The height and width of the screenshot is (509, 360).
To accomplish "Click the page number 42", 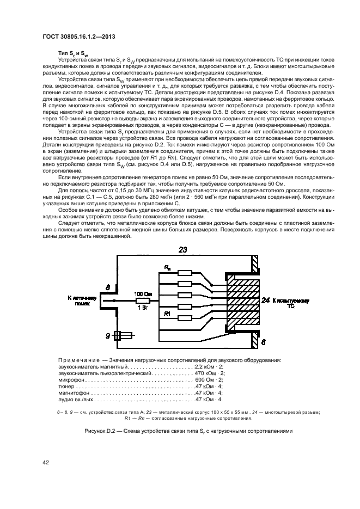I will [x=46, y=462].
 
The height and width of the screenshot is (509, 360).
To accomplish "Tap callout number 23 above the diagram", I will [x=183, y=250].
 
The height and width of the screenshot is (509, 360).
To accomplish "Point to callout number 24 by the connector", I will [x=265, y=301].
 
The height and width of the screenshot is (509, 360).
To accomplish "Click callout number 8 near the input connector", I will [x=108, y=286].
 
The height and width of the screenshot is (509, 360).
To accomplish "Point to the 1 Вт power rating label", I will [x=142, y=308].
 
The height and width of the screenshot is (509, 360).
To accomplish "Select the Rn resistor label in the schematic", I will [x=168, y=267].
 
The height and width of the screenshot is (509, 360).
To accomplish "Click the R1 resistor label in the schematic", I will [x=168, y=314].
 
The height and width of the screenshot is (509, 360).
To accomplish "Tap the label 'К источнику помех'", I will [x=82, y=301].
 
